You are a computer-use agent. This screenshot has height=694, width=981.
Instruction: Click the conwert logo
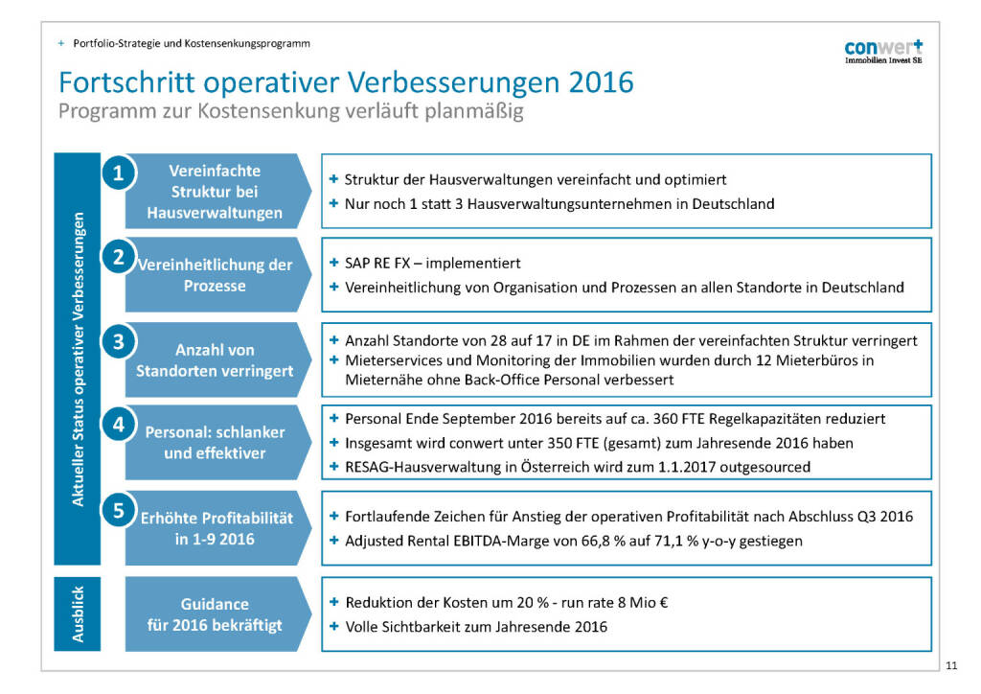(x=883, y=51)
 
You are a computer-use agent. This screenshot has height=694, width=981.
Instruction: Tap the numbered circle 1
(x=118, y=173)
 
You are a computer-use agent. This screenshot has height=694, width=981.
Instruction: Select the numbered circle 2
(x=118, y=257)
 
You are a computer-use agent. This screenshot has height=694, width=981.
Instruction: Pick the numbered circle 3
(x=118, y=341)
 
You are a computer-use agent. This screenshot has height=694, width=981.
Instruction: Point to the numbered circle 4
(x=118, y=425)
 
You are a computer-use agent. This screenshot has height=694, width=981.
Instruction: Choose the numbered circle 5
(x=118, y=510)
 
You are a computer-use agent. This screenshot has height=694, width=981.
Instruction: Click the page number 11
(x=950, y=666)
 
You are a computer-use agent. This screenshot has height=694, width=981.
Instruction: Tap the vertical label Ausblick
(x=79, y=614)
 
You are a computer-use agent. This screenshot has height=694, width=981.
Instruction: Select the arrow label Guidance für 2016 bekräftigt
(x=215, y=614)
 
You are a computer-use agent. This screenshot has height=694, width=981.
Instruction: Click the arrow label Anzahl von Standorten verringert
(x=215, y=360)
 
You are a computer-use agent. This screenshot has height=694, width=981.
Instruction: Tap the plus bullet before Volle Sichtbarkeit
(x=333, y=627)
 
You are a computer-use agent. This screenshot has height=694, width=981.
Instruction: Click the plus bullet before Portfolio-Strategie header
(x=61, y=43)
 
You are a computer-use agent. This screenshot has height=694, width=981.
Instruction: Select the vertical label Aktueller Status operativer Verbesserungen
(x=79, y=359)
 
